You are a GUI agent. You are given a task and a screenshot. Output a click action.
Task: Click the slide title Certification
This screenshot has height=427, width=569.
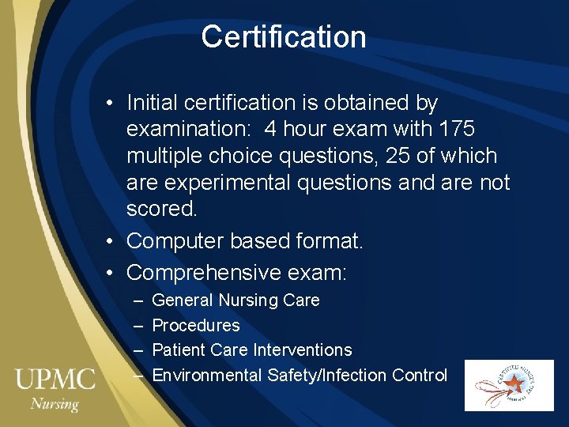[284, 37]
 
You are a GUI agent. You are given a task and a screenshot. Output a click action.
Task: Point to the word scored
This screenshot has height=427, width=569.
[162, 210]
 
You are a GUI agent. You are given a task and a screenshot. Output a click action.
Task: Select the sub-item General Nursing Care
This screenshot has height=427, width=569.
[236, 300]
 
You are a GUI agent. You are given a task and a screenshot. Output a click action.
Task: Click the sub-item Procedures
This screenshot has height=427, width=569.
[195, 325]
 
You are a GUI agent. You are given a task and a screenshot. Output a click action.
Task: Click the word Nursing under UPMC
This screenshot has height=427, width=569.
[55, 404]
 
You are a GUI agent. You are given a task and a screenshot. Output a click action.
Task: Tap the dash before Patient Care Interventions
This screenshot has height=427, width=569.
[139, 350]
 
